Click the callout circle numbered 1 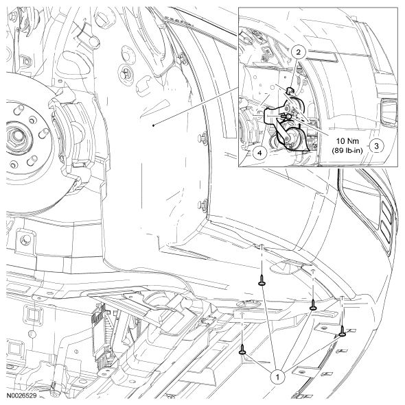(x=278, y=378)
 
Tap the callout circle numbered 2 (x=299, y=52)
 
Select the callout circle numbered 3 (x=377, y=146)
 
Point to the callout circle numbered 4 (x=259, y=153)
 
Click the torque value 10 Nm (x=347, y=141)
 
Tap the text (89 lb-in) (x=347, y=150)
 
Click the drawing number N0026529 (x=21, y=395)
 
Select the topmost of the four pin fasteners (x=262, y=280)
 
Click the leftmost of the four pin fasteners (x=242, y=349)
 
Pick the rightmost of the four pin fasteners (x=342, y=331)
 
